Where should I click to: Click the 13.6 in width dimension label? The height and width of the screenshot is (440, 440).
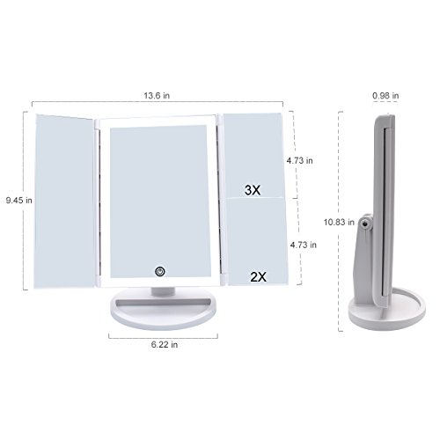click(157, 96)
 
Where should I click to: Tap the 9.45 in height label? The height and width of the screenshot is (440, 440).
click(19, 201)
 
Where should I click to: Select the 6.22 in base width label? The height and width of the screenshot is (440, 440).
click(165, 344)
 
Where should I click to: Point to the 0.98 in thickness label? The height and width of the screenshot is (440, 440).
click(385, 96)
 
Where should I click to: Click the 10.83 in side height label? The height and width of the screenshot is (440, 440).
click(339, 222)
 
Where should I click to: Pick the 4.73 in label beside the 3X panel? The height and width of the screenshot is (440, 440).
click(299, 160)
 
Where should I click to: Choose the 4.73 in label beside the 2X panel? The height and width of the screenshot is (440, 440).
click(304, 245)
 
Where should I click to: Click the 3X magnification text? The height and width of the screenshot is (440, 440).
click(253, 190)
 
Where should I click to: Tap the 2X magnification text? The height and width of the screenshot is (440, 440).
click(258, 276)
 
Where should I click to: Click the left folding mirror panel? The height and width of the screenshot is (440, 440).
click(64, 202)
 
